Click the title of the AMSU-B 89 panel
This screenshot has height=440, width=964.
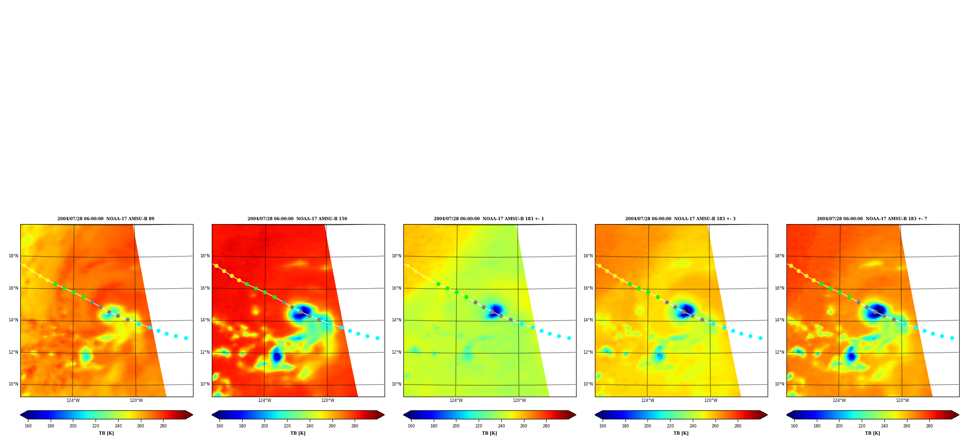(x=106, y=219)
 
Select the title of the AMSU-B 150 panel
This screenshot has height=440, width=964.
(x=297, y=219)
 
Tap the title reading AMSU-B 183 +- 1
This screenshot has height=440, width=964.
(x=489, y=219)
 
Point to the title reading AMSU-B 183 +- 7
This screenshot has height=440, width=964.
(x=872, y=219)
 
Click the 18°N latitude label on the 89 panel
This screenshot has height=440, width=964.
(x=13, y=256)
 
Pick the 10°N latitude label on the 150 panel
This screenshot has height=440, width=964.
(x=205, y=384)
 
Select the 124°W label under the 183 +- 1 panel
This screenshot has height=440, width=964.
(x=456, y=400)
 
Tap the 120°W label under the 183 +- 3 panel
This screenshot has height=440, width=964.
(x=711, y=400)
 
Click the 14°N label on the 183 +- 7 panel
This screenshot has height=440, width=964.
(x=779, y=320)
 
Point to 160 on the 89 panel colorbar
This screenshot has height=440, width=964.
(x=28, y=426)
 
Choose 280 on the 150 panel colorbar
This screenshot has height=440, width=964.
(x=355, y=426)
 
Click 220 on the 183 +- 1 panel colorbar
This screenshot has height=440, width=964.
(x=479, y=426)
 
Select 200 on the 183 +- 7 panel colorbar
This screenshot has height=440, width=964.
(x=839, y=426)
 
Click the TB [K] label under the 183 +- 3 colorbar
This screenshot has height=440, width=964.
(x=681, y=433)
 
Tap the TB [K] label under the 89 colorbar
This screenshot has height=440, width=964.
(x=106, y=433)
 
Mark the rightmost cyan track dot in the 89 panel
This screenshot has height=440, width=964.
(x=186, y=338)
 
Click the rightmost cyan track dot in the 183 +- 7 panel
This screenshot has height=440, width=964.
(x=952, y=338)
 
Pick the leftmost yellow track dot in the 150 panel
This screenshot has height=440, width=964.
(x=216, y=266)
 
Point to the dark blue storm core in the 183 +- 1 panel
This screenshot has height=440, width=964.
(x=496, y=309)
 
